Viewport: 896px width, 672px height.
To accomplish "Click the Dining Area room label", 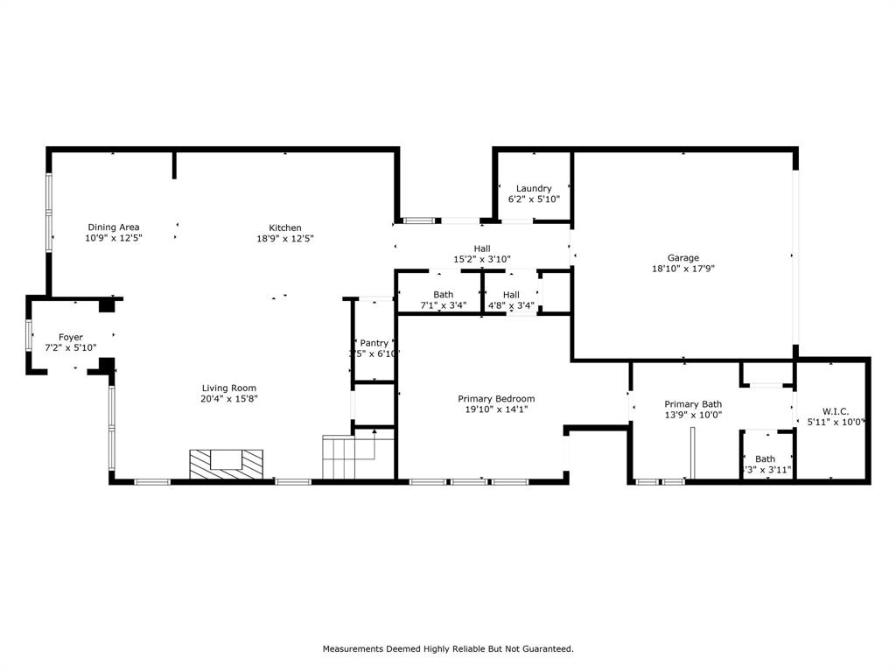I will coord(113,227).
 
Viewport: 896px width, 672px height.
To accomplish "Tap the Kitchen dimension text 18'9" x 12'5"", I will coord(285,239).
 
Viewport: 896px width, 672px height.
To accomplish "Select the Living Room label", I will coord(228,388).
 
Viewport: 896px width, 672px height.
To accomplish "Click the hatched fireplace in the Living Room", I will coord(227,463).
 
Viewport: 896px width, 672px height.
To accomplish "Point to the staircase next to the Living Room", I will coord(347,458).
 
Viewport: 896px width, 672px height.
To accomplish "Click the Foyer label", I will coord(71,337).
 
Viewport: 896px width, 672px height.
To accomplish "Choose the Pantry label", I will coord(374,343).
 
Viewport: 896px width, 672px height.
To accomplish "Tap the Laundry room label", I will coord(534,188).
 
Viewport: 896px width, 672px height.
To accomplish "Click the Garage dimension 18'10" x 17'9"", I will coord(683,269).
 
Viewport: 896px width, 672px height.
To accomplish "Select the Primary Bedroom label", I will coord(496,398).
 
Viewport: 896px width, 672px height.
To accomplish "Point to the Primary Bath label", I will coord(693,404).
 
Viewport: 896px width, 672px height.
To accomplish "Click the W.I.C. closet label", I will coord(836,411).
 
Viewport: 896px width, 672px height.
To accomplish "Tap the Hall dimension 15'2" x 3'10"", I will coord(481,260).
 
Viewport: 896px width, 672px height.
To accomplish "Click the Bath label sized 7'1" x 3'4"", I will coord(443,295).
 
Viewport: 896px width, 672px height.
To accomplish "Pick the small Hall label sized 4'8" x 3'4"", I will coord(511,295).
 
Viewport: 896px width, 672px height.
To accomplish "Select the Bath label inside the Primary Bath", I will coord(765,458).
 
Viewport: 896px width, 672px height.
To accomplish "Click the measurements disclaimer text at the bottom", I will coord(448,649).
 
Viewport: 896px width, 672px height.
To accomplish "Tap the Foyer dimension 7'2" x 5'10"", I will coord(71,348).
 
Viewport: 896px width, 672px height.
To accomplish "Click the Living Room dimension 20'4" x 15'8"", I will coord(228,399).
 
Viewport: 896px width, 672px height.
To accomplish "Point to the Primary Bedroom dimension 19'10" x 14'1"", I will coord(496,409).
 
